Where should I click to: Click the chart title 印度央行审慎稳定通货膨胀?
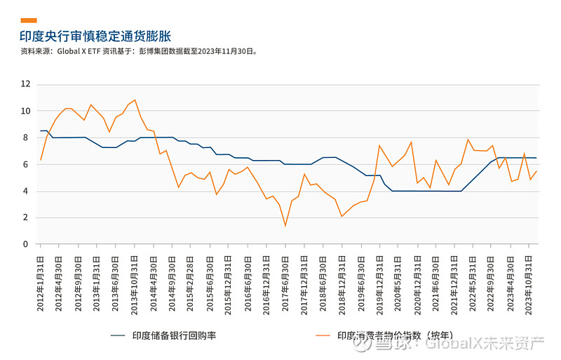point(95,36)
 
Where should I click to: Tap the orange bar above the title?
point(29,20)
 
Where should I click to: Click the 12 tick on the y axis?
point(26,84)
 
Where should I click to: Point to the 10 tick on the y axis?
point(26,111)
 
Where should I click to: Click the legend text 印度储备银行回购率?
point(174,335)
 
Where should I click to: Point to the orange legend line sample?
point(322,336)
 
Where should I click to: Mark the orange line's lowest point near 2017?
point(285,225)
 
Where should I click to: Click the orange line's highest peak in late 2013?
point(135,100)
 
